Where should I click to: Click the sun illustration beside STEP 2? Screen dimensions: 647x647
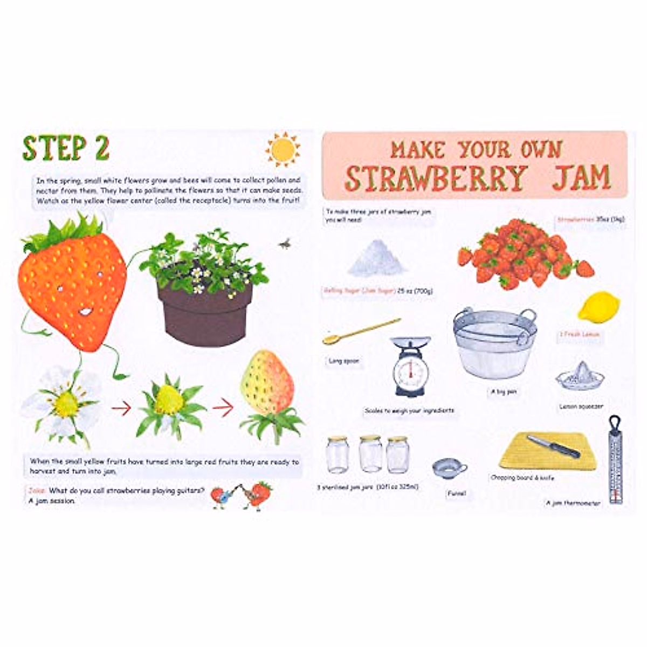[283, 149]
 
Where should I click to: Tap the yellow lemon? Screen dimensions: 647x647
[598, 307]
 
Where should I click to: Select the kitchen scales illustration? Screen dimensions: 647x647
[411, 367]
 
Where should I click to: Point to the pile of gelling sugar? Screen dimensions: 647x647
[377, 259]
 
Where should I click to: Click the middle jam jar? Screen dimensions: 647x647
[370, 454]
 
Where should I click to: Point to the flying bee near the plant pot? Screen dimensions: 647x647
[284, 244]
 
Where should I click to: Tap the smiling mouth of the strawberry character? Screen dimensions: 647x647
[85, 311]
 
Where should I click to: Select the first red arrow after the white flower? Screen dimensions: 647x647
[121, 409]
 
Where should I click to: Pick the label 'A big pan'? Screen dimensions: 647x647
[503, 392]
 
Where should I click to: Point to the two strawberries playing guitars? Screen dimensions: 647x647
[242, 494]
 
